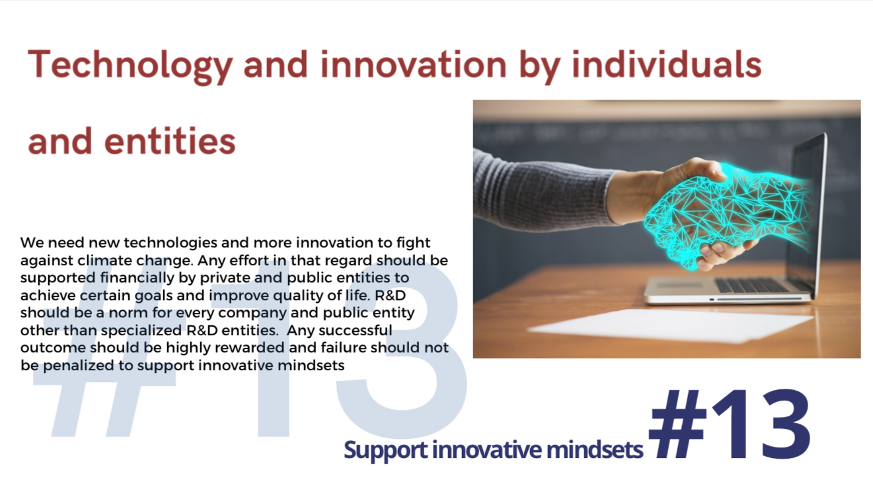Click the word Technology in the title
click(x=130, y=66)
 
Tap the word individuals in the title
click(x=666, y=65)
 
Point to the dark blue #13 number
click(x=730, y=424)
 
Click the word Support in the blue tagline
click(x=385, y=451)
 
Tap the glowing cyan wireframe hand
click(x=725, y=213)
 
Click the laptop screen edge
click(x=819, y=214)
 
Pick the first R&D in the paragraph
click(x=390, y=296)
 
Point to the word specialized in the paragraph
click(x=141, y=331)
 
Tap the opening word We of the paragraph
click(x=32, y=243)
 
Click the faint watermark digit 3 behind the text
click(x=401, y=350)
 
